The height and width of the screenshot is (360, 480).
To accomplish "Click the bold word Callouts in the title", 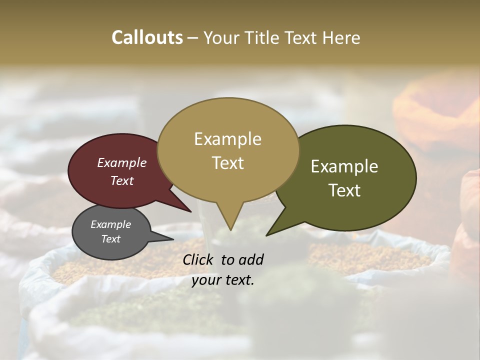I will pyautogui.click(x=147, y=37).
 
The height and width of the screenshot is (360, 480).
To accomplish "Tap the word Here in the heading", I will pyautogui.click(x=340, y=37).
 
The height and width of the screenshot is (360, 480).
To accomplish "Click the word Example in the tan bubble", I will pyautogui.click(x=227, y=139).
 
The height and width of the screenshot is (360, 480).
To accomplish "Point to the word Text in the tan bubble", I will pyautogui.click(x=227, y=163).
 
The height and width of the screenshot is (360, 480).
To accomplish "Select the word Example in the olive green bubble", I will pyautogui.click(x=344, y=166).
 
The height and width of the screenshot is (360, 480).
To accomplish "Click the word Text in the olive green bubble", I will pyautogui.click(x=344, y=190).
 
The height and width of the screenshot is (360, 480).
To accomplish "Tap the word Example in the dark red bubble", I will pyautogui.click(x=122, y=163).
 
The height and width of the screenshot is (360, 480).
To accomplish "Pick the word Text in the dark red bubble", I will pyautogui.click(x=122, y=180).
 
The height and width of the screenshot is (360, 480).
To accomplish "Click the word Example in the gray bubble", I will pyautogui.click(x=111, y=224).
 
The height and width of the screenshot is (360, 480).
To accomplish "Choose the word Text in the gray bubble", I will pyautogui.click(x=111, y=239).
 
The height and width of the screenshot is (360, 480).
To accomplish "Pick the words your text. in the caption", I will pyautogui.click(x=223, y=280).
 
